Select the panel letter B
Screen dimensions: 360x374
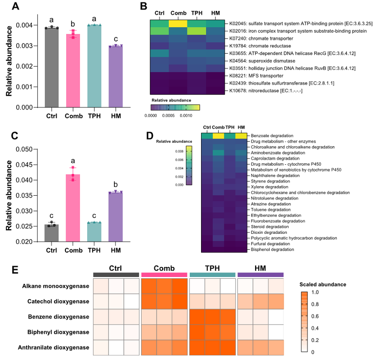click(143, 7)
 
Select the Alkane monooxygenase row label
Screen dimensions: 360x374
click(55, 286)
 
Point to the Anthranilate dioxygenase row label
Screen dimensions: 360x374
click(53, 348)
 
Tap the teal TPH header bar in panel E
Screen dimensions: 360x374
click(212, 275)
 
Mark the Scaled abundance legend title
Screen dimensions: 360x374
click(322, 284)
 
